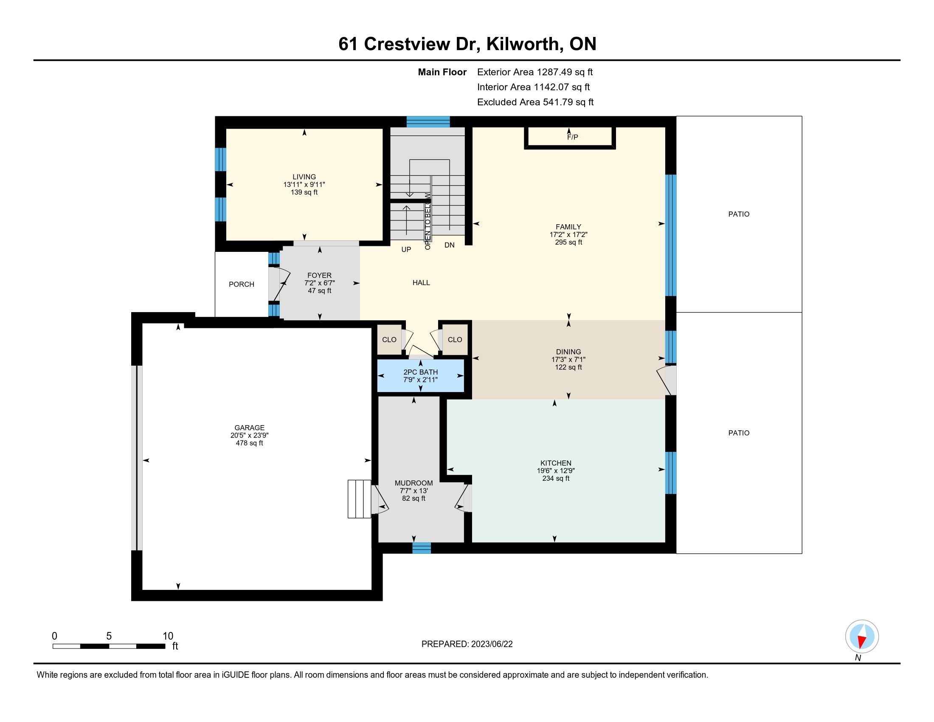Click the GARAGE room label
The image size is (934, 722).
(249, 428)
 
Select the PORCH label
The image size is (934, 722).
(241, 285)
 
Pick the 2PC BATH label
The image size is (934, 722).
(420, 372)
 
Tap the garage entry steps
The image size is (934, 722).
(359, 499)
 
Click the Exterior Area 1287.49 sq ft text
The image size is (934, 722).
(535, 72)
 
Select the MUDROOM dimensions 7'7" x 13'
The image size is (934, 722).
(414, 491)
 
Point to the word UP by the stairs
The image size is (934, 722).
(406, 249)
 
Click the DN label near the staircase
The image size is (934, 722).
(450, 245)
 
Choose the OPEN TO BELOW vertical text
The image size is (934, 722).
(428, 221)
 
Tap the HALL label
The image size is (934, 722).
(421, 283)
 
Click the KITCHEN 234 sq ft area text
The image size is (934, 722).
(556, 479)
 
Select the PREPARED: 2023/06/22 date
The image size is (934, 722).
(467, 644)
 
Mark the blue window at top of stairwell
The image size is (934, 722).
(428, 122)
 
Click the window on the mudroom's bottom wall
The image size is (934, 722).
(421, 548)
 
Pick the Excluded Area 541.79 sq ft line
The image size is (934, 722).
(535, 102)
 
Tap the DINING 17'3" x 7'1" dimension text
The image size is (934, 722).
(568, 360)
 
